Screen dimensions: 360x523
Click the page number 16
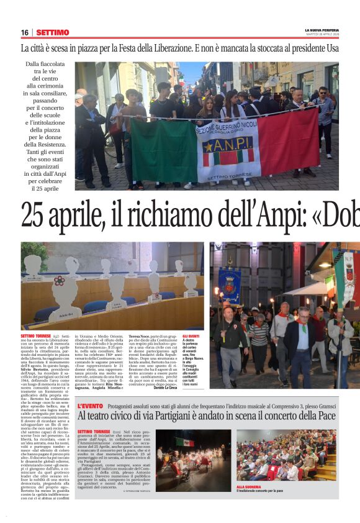(x=25, y=32)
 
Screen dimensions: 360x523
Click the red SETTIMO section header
(x=52, y=32)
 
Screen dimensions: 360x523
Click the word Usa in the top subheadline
(x=332, y=48)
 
